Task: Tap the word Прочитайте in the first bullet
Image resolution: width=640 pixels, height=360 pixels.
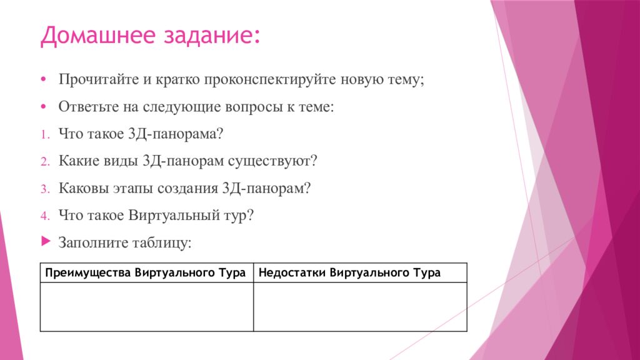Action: click(x=92, y=81)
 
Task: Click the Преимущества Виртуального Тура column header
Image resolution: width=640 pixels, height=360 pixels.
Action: click(x=146, y=273)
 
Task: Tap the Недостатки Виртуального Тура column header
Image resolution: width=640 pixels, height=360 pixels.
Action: click(x=350, y=273)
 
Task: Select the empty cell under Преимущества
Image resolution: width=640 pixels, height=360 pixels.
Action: click(x=146, y=306)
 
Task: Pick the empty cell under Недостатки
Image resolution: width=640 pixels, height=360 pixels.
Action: click(x=360, y=306)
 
